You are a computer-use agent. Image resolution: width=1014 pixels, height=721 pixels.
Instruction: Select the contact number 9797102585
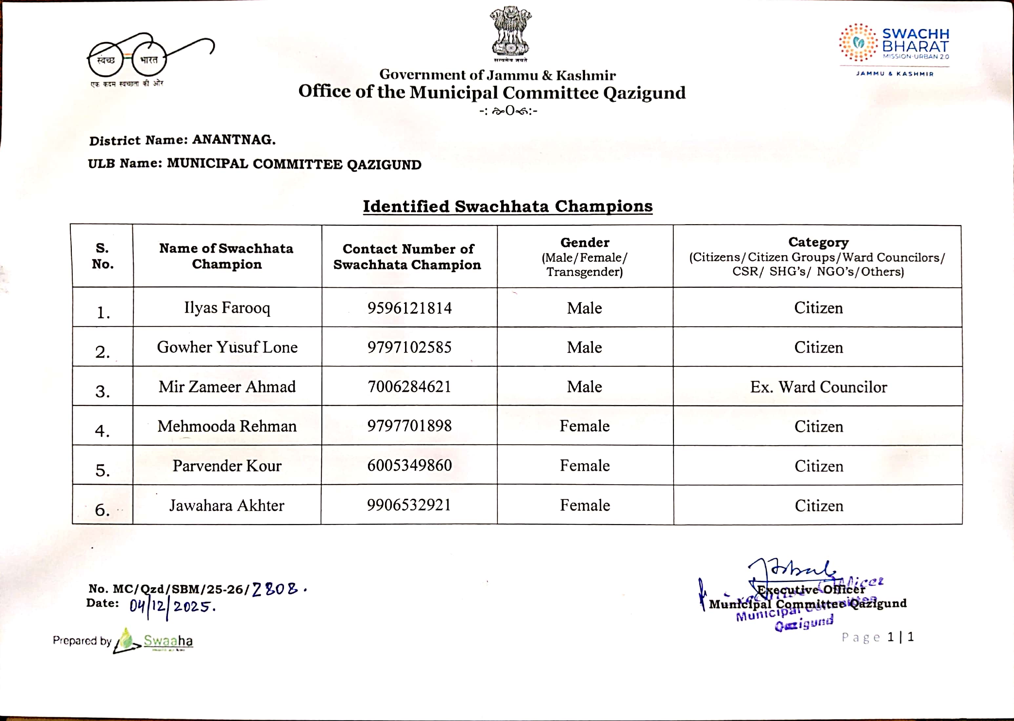pyautogui.click(x=409, y=347)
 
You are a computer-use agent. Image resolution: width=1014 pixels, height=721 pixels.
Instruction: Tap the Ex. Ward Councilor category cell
pyautogui.click(x=818, y=387)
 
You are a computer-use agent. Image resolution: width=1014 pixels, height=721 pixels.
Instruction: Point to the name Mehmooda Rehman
pyautogui.click(x=227, y=426)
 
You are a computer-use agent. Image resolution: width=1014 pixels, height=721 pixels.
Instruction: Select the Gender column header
pyautogui.click(x=584, y=257)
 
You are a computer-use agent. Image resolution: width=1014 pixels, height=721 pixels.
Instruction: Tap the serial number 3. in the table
pyautogui.click(x=103, y=391)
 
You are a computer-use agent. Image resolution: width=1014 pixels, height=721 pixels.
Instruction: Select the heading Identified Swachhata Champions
pyautogui.click(x=508, y=206)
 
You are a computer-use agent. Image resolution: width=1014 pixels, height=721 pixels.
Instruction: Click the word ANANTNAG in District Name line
pyautogui.click(x=233, y=140)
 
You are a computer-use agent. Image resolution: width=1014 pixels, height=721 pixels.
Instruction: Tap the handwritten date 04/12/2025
pyautogui.click(x=172, y=606)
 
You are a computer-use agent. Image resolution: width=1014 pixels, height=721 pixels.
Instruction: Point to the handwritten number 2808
pyautogui.click(x=277, y=589)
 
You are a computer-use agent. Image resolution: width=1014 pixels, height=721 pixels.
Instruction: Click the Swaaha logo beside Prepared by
pyautogui.click(x=154, y=641)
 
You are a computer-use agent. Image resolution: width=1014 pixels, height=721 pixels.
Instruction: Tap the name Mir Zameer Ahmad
pyautogui.click(x=227, y=387)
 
